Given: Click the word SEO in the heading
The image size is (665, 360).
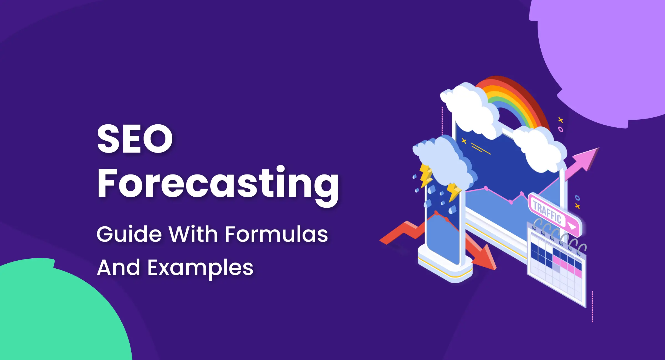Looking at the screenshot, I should (x=135, y=138).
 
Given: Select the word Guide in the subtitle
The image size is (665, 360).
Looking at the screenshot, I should (x=129, y=234).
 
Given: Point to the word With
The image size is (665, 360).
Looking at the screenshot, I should (x=193, y=234).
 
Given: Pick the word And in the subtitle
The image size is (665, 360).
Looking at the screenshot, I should (x=118, y=268).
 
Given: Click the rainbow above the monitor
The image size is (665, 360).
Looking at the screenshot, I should (x=513, y=100).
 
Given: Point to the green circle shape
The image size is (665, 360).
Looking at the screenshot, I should (x=55, y=313).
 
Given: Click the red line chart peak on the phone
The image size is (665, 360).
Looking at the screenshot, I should (x=436, y=213).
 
